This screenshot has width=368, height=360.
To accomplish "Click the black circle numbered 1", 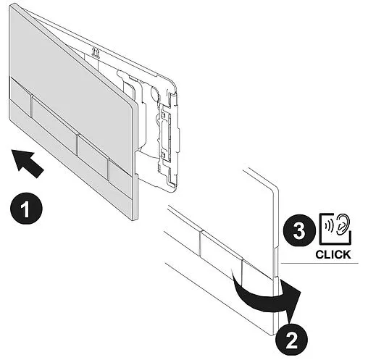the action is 26,209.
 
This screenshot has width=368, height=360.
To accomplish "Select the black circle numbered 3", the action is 299,230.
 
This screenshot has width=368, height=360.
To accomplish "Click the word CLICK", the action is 333,255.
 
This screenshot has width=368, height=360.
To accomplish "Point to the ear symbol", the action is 343,223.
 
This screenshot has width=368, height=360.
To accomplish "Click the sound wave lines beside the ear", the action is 329,226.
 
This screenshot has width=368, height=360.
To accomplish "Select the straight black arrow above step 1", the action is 27,163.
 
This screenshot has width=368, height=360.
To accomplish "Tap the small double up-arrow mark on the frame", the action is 96,52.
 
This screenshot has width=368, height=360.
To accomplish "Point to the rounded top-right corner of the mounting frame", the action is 173,83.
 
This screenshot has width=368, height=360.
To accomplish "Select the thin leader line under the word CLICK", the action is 319,263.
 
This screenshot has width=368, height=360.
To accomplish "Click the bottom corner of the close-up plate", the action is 274,335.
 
